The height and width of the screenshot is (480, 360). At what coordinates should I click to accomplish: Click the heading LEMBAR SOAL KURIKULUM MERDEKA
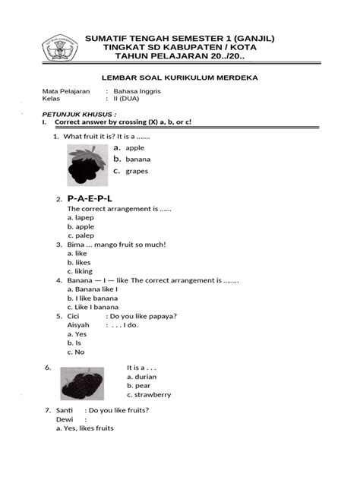pos(180,77)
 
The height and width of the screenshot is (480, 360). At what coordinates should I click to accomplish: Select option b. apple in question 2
pos(81,226)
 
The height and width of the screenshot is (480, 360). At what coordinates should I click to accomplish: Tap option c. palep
pos(81,235)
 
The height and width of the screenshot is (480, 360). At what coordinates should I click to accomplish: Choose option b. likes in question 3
pos(79,262)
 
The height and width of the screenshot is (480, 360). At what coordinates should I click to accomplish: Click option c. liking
pos(81,271)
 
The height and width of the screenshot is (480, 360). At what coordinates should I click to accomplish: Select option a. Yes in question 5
pos(77,334)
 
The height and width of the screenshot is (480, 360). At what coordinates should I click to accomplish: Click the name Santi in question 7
pos(65,410)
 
